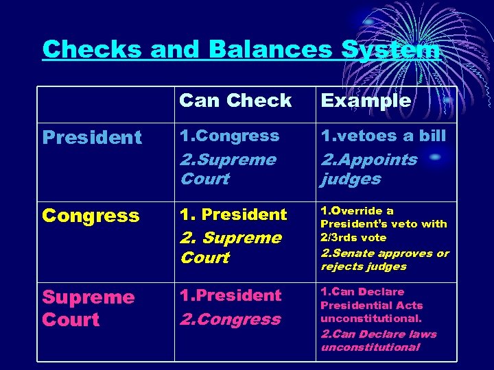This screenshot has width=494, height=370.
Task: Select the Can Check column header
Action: pos(235,101)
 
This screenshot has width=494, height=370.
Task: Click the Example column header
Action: pos(366,101)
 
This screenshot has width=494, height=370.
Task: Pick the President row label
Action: pos(91,138)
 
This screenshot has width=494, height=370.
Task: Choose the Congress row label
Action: pos(91,216)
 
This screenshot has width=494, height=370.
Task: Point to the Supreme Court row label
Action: pos(88,308)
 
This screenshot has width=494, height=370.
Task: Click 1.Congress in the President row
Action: pos(229,136)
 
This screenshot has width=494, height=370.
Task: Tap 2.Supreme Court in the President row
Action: pos(227,169)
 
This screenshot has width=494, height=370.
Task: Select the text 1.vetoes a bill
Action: pos(383,136)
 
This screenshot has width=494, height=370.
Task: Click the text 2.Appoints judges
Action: pos(368,169)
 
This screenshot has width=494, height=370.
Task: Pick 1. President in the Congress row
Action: pos(233,214)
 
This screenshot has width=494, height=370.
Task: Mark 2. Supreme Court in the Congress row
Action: pos(230,247)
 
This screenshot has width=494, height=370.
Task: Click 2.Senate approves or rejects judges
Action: pos(384,260)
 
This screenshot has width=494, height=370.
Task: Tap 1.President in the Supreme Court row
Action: pos(230,295)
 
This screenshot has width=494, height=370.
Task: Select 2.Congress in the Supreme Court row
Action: pos(230,319)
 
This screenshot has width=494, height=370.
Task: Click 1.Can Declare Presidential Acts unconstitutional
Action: pos(371,305)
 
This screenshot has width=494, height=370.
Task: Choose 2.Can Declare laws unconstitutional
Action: pos(378,341)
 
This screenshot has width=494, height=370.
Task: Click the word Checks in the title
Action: pos(93,49)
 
